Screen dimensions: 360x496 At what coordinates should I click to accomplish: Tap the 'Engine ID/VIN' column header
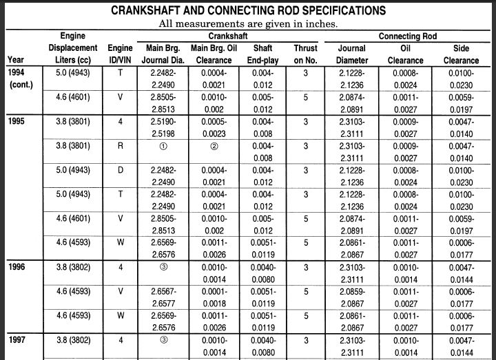(x=121, y=53)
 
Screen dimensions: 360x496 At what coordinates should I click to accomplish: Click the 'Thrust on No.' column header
(x=305, y=53)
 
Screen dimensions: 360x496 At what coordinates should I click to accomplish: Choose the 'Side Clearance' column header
(x=461, y=53)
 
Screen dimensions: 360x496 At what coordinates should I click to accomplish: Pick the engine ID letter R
(x=121, y=146)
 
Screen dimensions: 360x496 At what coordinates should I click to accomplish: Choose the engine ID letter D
(x=121, y=169)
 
